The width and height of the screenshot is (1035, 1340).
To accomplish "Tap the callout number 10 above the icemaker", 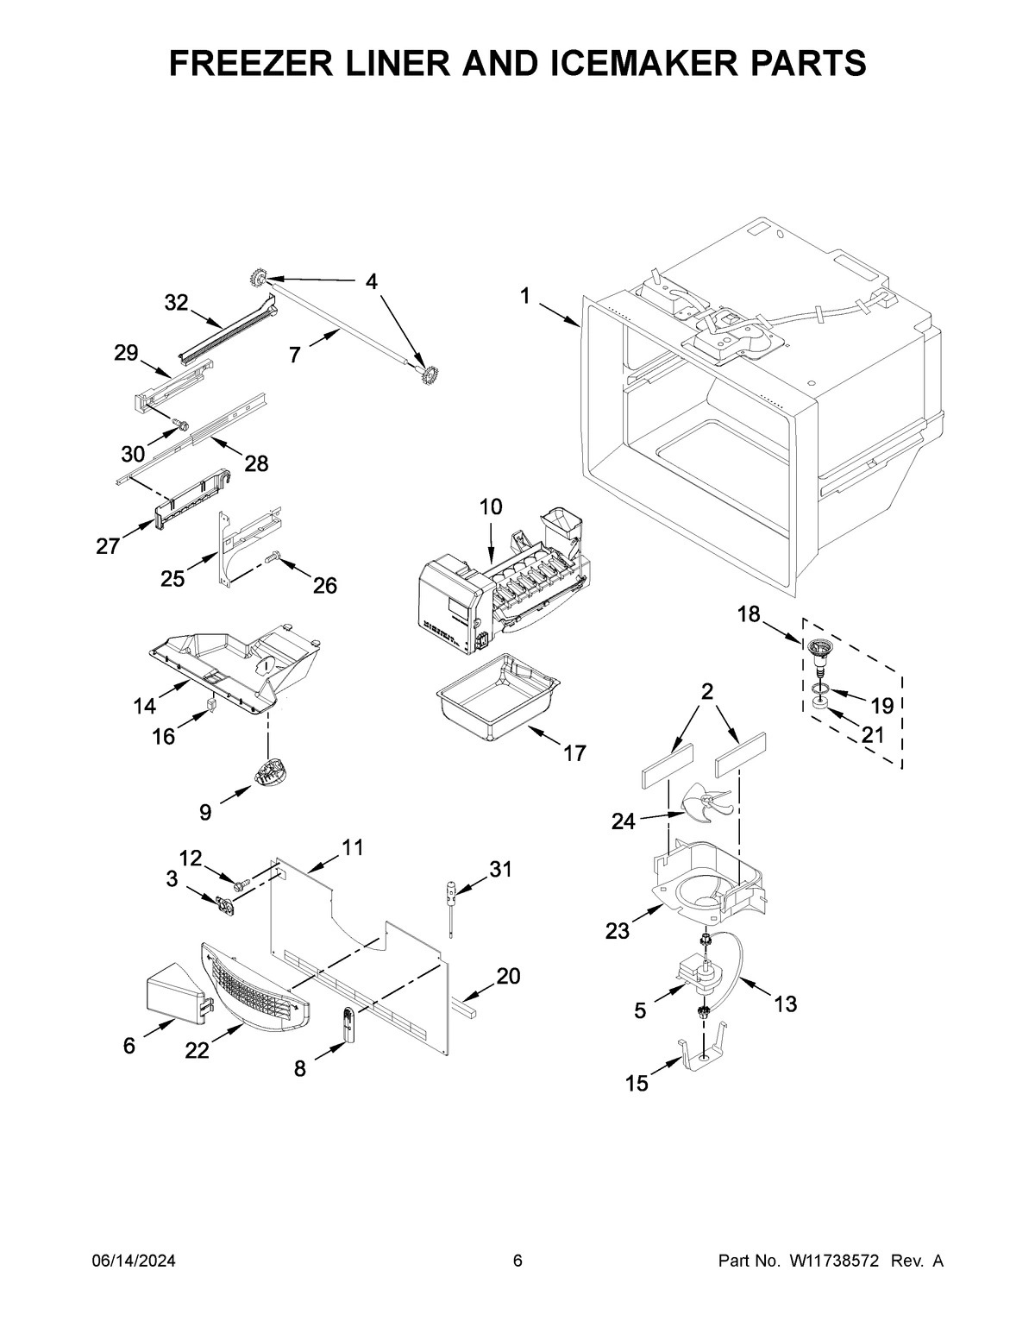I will (490, 507).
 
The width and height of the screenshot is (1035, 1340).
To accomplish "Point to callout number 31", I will (500, 869).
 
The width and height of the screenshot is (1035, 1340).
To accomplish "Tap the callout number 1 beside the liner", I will (525, 296).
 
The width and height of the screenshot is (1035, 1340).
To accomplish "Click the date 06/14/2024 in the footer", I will (134, 1261).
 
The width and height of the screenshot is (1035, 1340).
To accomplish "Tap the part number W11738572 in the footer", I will (834, 1261).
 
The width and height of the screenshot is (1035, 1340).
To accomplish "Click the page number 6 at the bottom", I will (517, 1261).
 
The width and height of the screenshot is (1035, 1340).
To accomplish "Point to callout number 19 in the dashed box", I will (881, 706).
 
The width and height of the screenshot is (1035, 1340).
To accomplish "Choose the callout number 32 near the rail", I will (176, 302).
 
